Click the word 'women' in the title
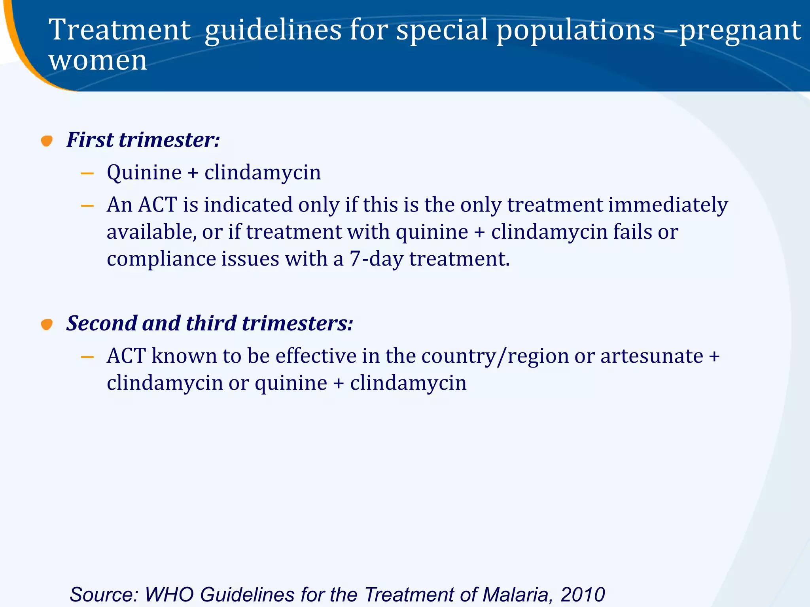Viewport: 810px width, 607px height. click(x=98, y=61)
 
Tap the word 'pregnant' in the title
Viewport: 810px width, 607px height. click(x=740, y=30)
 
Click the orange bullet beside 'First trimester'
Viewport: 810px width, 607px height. click(x=47, y=141)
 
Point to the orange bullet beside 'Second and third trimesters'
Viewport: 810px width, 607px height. click(x=47, y=324)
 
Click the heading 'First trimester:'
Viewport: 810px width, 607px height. click(x=143, y=140)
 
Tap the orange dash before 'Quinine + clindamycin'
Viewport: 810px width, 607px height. click(x=87, y=173)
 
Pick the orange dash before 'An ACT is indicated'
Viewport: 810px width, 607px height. click(x=87, y=205)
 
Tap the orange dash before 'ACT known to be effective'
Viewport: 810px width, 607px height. click(x=87, y=357)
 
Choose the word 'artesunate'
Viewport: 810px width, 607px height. click(x=652, y=356)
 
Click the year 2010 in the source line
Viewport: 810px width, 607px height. click(x=583, y=594)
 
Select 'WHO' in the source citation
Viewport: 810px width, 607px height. click(x=169, y=594)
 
